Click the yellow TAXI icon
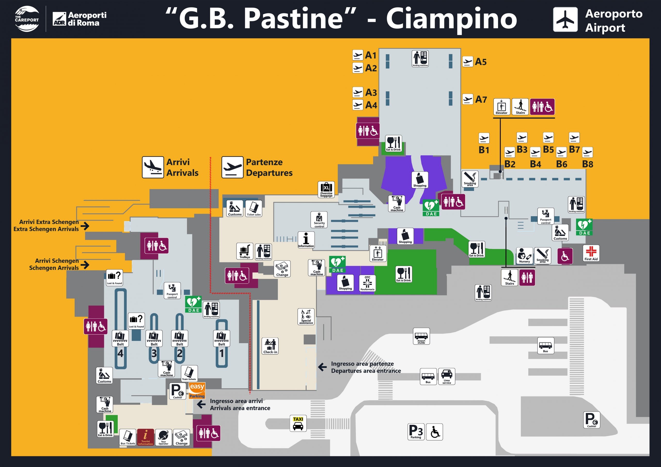pyautogui.click(x=298, y=423)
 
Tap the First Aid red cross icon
pyautogui.click(x=591, y=253)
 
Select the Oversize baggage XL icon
pyautogui.click(x=326, y=189)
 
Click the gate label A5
pyautogui.click(x=481, y=62)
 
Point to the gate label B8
pyautogui.click(x=588, y=164)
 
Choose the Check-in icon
pyautogui.click(x=270, y=345)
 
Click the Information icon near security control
pyautogui.click(x=306, y=240)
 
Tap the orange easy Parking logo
pyautogui.click(x=197, y=390)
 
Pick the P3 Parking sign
pyautogui.click(x=416, y=432)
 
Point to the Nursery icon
pyautogui.click(x=524, y=255)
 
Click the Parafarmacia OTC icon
pyautogui.click(x=367, y=283)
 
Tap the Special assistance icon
pyautogui.click(x=306, y=317)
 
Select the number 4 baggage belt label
pyautogui.click(x=120, y=353)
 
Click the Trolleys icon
pyautogui.click(x=245, y=251)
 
